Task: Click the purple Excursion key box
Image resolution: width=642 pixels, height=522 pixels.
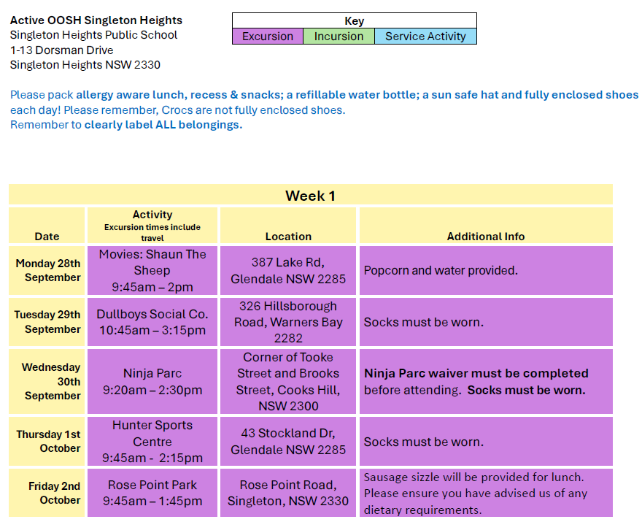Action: click(268, 36)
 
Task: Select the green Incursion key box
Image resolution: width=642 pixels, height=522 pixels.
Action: click(339, 36)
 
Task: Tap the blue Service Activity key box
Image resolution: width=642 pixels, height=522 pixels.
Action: click(425, 36)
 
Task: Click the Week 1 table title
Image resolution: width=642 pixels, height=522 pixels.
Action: click(311, 195)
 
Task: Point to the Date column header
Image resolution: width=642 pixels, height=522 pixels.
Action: click(47, 226)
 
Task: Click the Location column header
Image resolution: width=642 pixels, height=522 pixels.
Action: click(288, 226)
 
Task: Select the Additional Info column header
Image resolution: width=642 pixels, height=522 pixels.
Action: click(486, 226)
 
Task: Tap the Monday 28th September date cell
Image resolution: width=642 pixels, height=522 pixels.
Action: click(47, 270)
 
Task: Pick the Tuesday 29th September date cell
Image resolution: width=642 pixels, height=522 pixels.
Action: click(47, 322)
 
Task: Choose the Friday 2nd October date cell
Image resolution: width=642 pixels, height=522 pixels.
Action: click(47, 493)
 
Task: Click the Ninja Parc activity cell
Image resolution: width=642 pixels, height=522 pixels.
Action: click(152, 381)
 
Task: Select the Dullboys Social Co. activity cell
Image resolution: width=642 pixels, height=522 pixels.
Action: click(152, 322)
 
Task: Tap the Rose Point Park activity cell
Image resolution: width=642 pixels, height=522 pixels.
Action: click(152, 493)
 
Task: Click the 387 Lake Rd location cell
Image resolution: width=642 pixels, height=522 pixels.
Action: click(288, 270)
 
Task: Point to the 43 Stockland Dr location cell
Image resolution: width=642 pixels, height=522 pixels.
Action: click(288, 441)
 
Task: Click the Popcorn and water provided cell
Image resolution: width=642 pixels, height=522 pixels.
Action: click(486, 270)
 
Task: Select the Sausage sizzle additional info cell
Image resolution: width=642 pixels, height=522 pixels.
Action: click(486, 493)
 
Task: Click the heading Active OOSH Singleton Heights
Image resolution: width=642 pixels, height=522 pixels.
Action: click(96, 20)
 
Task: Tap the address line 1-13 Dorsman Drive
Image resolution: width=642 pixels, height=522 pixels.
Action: click(62, 50)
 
